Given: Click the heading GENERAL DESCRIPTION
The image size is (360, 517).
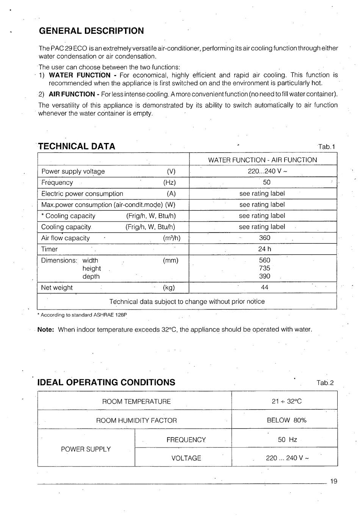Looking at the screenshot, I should (91, 31).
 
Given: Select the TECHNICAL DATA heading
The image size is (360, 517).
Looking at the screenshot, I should (77, 146).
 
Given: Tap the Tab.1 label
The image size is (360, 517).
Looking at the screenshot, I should (327, 147).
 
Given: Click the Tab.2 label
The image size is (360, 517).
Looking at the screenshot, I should (325, 383).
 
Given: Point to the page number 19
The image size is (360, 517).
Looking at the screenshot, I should (333, 481).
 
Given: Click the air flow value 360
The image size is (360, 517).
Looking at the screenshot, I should (265, 238).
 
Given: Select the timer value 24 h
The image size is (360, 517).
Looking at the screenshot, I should (265, 249).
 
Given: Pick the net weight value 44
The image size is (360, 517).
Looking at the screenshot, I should (265, 288).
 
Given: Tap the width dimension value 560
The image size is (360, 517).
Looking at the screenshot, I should (265, 260).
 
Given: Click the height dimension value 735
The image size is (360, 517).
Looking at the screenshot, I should (265, 268).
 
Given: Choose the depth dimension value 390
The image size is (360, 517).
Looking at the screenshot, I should (265, 276).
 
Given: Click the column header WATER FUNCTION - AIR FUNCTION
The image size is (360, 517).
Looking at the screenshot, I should (262, 160).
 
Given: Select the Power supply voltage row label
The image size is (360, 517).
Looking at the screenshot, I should (73, 171).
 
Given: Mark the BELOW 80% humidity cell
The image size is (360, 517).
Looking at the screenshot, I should (286, 420).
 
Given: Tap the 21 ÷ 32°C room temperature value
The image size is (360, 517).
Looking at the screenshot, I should (286, 401).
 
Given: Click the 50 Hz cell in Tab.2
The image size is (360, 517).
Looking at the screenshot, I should (287, 440).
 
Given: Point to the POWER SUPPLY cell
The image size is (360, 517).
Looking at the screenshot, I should (86, 449).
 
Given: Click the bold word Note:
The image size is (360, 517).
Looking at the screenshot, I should (46, 329).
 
